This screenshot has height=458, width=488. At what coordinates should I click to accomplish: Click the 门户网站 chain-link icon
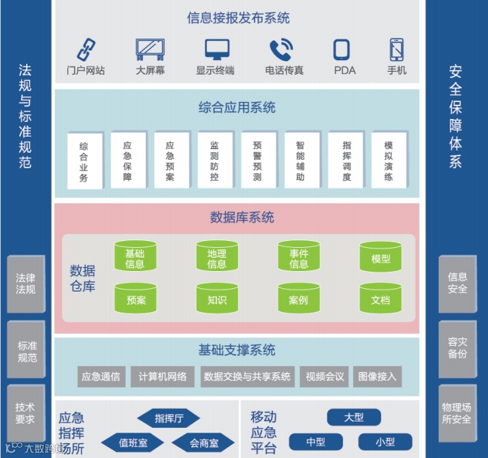pos(86,49)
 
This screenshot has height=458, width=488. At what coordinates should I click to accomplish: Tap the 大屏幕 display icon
pos(150,49)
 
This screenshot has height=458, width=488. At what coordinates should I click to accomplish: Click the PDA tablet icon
pos(344,50)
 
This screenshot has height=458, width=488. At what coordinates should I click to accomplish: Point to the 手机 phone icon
pos(397,49)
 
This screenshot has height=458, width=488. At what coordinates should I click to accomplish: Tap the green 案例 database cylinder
pos(298,299)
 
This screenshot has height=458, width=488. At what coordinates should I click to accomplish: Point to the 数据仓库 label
pos(83,278)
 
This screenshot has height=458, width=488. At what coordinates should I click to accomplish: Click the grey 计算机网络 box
pos(162,377)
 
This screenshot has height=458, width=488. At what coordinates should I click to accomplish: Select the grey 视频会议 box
pos(325,377)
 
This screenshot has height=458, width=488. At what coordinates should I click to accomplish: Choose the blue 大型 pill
pos(354,417)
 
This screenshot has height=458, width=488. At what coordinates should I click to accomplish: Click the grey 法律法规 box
pos(25,283)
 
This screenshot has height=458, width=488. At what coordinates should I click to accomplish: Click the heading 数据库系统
pos(242,218)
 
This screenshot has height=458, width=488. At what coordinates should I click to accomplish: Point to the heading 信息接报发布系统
pos(238,18)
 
